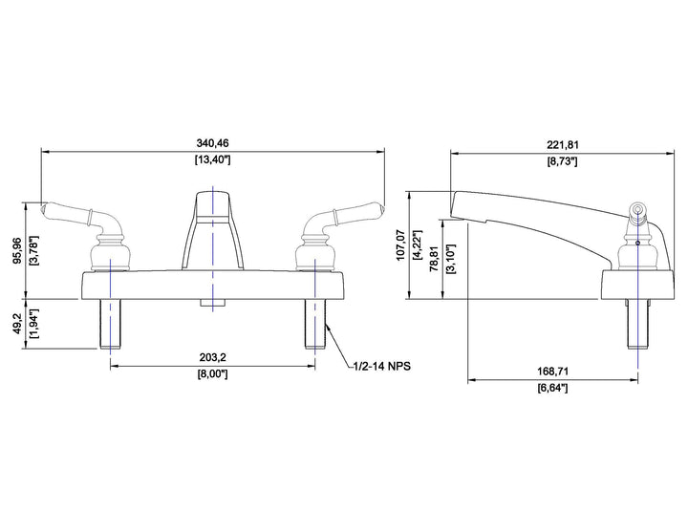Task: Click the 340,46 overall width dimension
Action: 212,143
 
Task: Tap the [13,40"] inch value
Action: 212,159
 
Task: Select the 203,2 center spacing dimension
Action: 213,357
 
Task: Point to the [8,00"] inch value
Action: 213,374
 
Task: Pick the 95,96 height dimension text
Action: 17,251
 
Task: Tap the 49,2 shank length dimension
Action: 17,324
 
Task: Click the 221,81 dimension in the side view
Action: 563,145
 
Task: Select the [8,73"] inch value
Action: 563,161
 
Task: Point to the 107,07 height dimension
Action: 400,244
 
